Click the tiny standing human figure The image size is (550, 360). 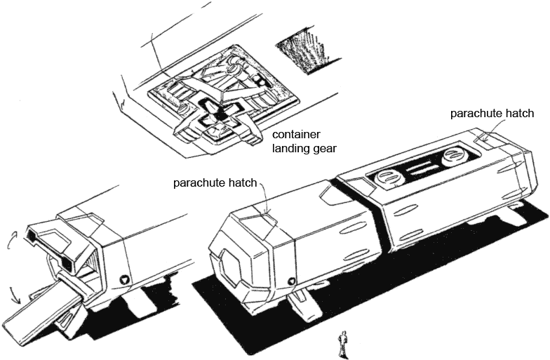click(343, 343)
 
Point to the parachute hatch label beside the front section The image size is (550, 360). click(217, 182)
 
